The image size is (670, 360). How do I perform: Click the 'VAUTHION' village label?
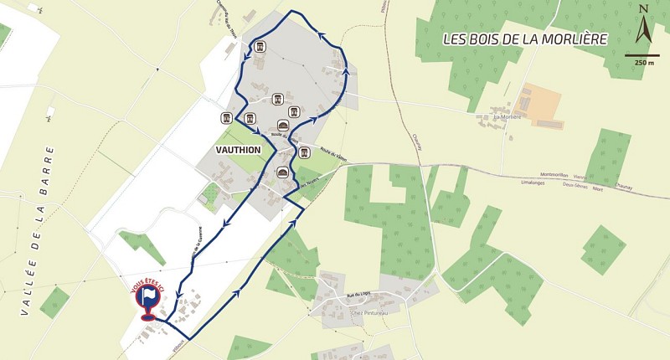coord(239,150)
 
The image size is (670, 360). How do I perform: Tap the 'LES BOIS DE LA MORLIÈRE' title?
coord(525,39)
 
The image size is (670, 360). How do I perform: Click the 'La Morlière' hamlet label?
coord(507,117)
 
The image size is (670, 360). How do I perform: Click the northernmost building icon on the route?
coord(260,46)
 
